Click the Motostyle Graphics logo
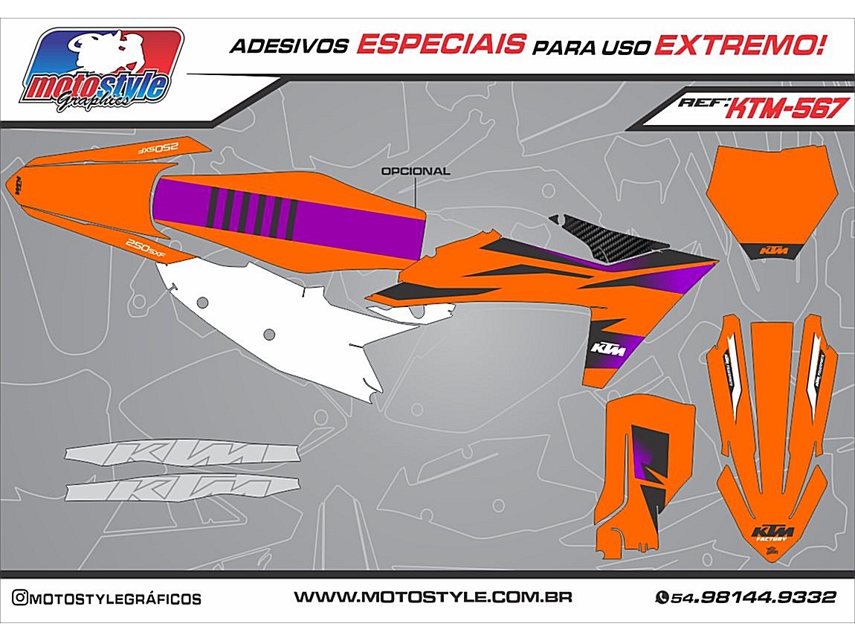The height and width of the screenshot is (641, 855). click(102, 71)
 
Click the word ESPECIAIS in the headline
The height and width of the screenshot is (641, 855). click(440, 45)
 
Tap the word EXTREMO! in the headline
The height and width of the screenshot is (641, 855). click(739, 45)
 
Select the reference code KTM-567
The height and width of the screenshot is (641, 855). click(785, 109)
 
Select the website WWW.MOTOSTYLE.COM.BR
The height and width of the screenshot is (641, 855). click(433, 597)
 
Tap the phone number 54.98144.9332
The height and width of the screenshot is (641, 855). click(753, 597)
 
